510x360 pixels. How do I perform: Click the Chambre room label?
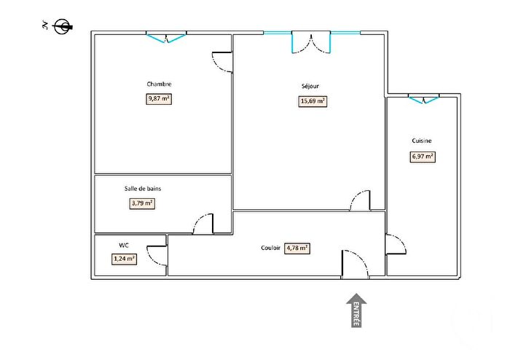point(159,84)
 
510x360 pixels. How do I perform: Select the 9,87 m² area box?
point(159,99)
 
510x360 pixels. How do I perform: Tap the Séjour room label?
point(310,86)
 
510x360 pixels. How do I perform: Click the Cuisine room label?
point(421,141)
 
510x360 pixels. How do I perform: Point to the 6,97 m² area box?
point(423,156)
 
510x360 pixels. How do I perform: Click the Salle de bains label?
point(142,188)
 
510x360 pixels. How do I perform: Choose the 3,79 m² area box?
point(143,203)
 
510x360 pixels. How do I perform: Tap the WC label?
point(123,246)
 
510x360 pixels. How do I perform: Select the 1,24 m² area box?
point(124,258)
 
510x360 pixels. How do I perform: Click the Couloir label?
point(271,248)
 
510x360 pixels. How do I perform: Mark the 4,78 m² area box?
point(298,248)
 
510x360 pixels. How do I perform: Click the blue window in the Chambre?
point(166,36)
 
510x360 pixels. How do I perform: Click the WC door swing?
point(157,256)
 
